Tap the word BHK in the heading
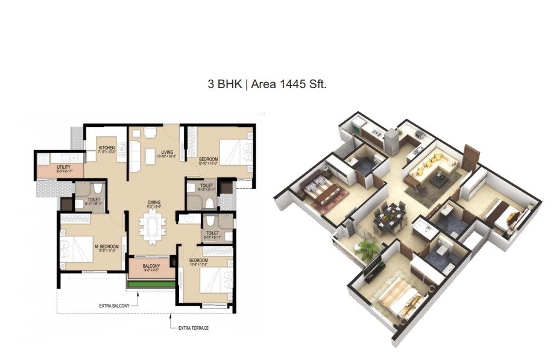tap(227, 85)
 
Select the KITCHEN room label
tap(107, 148)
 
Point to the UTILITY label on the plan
tap(64, 167)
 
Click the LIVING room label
tap(167, 152)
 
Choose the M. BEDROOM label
tap(108, 247)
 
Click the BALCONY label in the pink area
tap(151, 266)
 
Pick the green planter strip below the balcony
tap(152, 283)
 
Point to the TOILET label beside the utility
tap(93, 198)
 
